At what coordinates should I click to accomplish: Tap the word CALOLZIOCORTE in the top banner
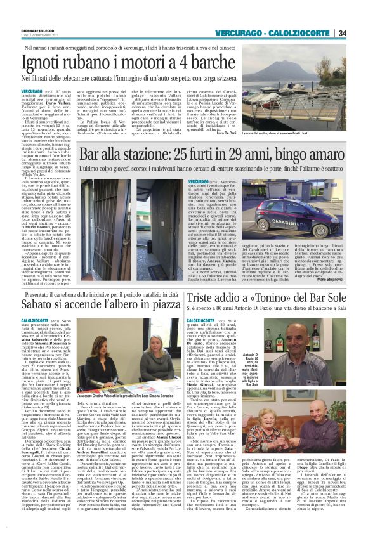pos(299,33)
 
